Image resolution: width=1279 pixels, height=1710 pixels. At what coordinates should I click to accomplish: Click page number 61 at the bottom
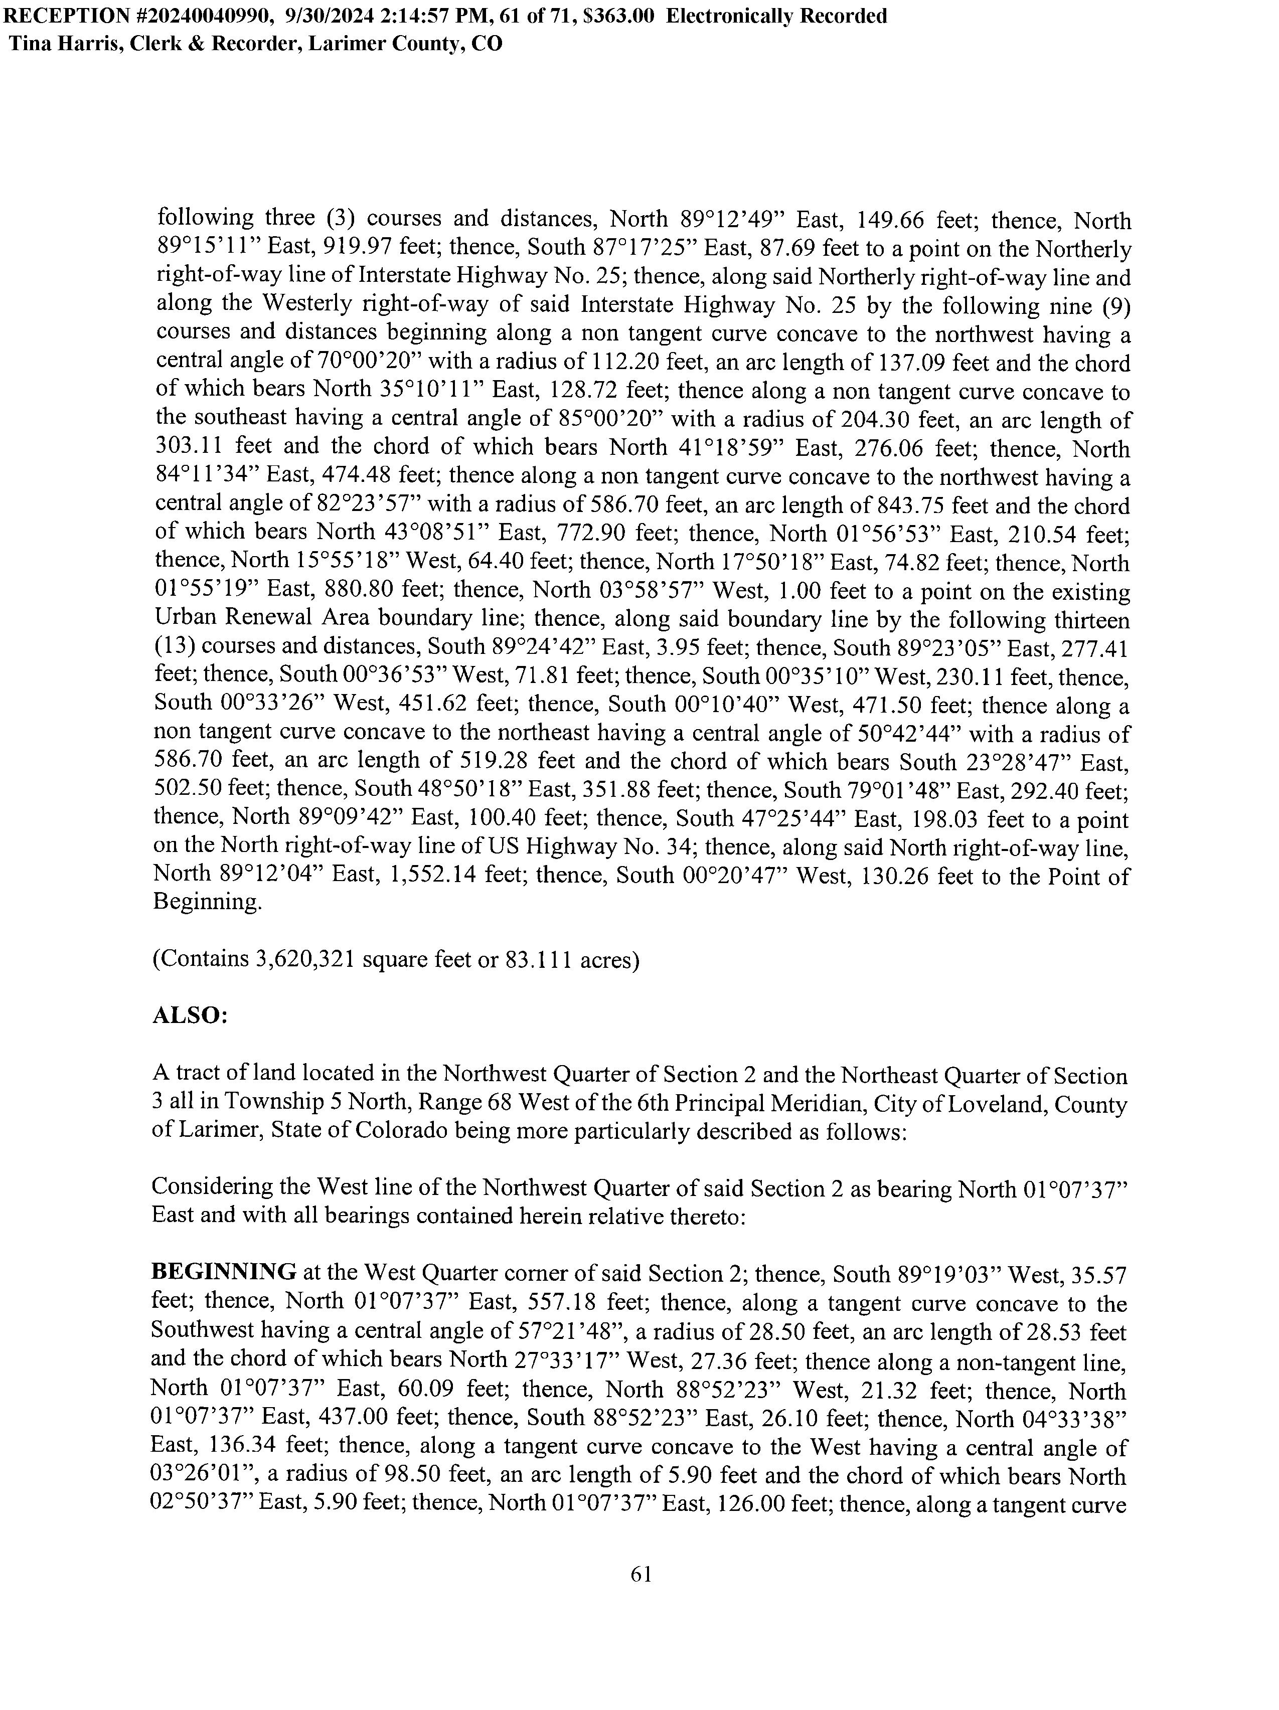coord(641,1574)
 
